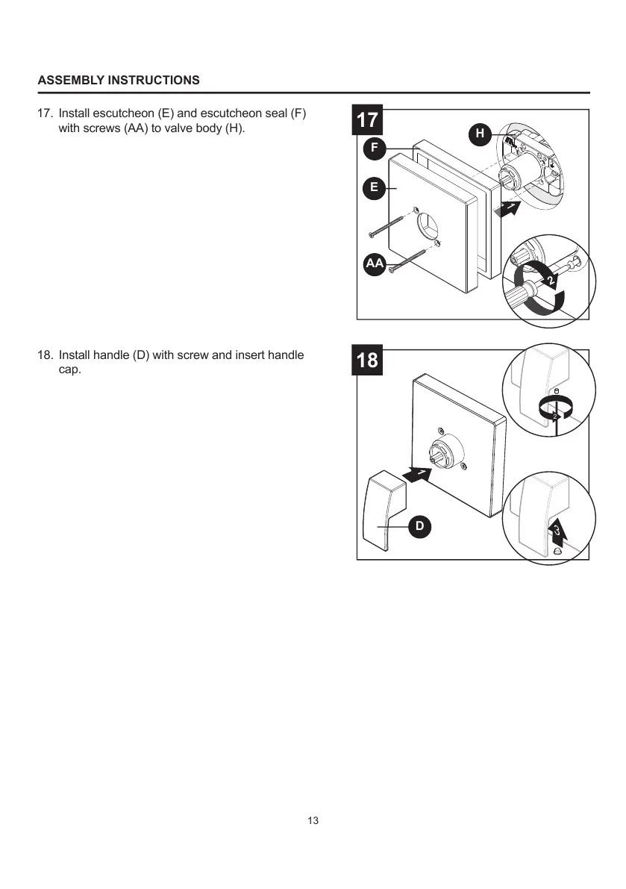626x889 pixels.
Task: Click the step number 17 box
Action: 367,120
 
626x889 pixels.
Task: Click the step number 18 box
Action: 367,361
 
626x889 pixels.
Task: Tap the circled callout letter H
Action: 480,134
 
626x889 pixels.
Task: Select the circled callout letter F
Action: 375,148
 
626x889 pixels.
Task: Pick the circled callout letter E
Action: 375,187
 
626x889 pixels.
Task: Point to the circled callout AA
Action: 375,263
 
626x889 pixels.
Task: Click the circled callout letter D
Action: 419,526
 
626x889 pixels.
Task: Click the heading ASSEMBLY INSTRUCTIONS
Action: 119,80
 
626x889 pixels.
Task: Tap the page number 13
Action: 313,820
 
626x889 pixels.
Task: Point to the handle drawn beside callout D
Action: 382,515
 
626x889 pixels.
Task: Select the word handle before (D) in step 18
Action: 111,355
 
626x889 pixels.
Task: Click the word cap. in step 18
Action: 69,369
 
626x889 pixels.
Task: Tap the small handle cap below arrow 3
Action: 557,550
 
